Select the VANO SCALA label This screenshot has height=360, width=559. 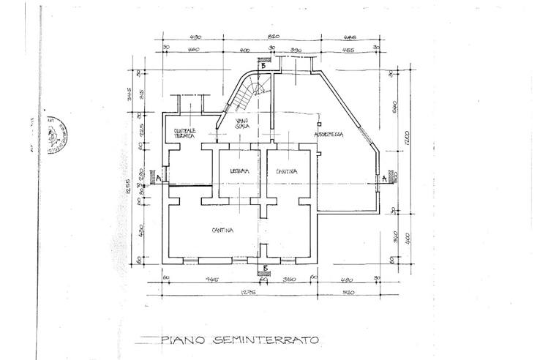pyautogui.click(x=242, y=124)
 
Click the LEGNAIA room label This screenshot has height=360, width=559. pyautogui.click(x=235, y=170)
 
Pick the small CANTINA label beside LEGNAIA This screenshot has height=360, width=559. pyautogui.click(x=286, y=170)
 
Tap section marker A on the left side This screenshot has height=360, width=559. pyautogui.click(x=151, y=177)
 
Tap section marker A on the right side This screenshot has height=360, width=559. pyautogui.click(x=383, y=177)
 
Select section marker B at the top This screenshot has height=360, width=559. pyautogui.click(x=263, y=64)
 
